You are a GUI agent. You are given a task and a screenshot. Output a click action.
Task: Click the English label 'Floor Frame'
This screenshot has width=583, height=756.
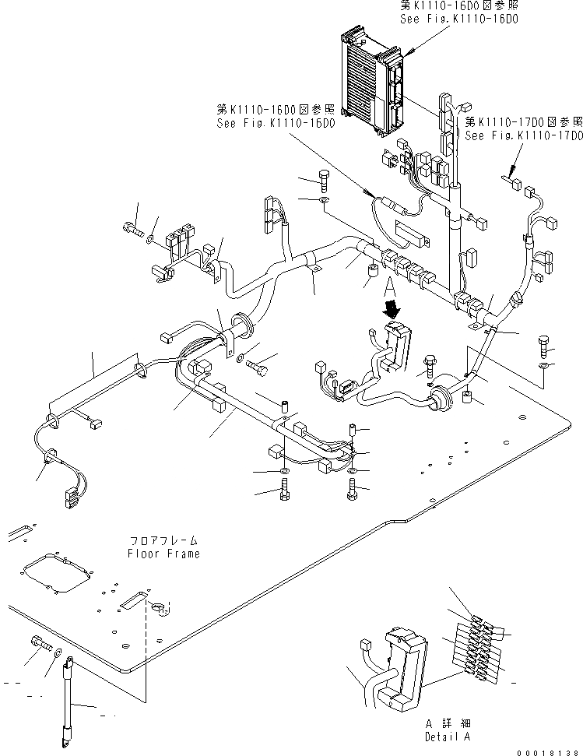(163, 554)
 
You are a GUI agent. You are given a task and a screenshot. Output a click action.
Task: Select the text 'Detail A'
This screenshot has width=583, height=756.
(448, 736)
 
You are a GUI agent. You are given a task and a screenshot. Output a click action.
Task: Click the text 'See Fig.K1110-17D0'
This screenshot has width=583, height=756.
(523, 135)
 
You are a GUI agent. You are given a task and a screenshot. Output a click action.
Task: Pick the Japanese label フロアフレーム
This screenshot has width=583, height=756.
(163, 540)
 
